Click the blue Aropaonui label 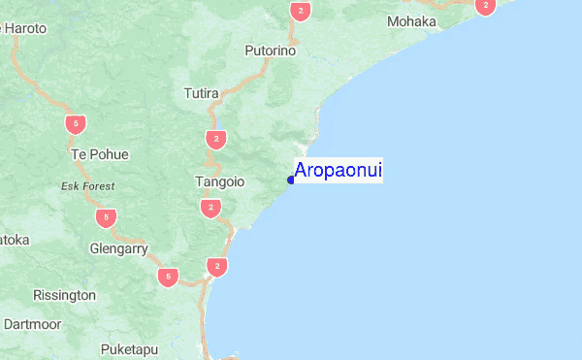(338, 171)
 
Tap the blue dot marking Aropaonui (291, 180)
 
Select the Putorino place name (270, 50)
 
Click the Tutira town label (202, 94)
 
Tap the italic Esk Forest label (87, 185)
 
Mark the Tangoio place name (220, 181)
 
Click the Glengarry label (117, 248)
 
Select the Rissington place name (64, 294)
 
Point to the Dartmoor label (33, 323)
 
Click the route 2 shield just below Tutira (215, 140)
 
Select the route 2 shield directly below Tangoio (210, 208)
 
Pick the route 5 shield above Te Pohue (75, 123)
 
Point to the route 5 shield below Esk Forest (107, 216)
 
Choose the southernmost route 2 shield (217, 266)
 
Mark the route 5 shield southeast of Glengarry (169, 278)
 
